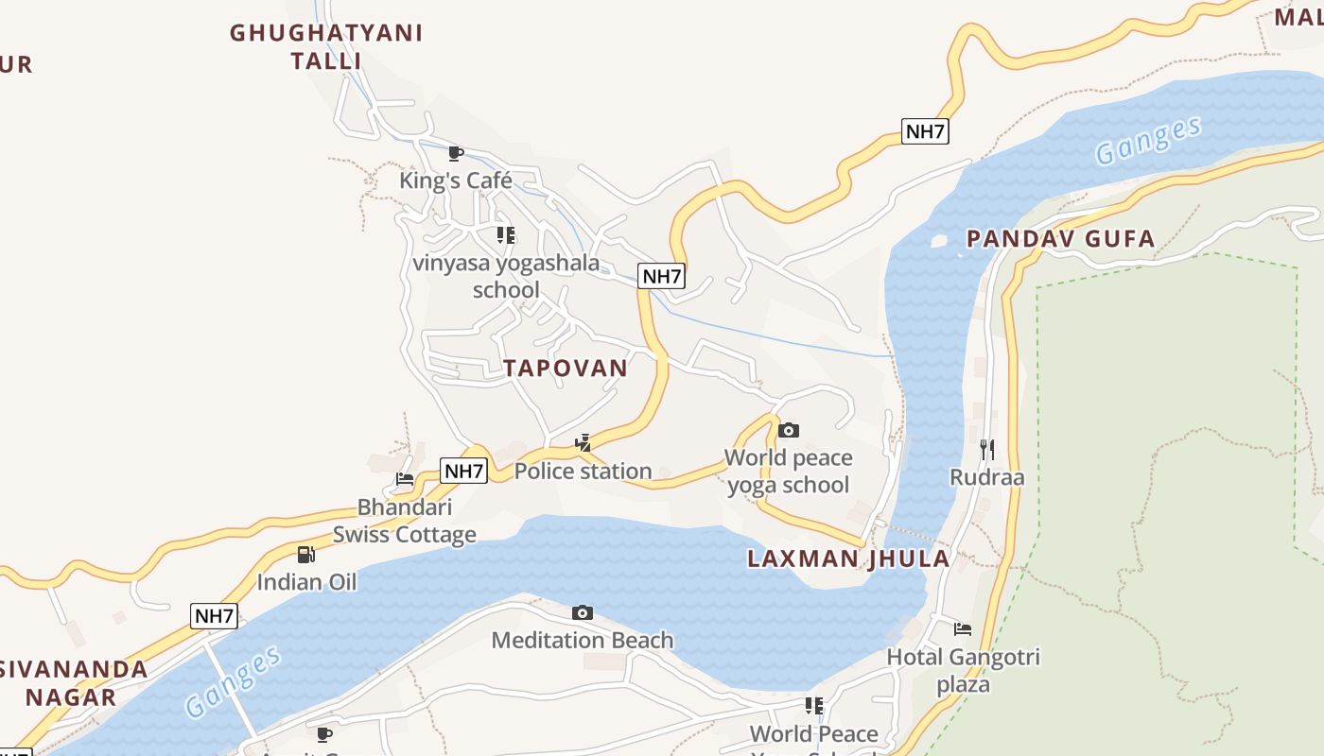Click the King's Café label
[x=455, y=180]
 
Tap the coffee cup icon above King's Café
[x=455, y=153]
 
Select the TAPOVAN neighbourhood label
[x=566, y=369]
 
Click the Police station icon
[x=584, y=442]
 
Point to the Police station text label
[x=583, y=471]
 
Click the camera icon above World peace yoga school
[x=788, y=431]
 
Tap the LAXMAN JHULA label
[x=848, y=558]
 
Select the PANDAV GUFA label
[x=1060, y=239]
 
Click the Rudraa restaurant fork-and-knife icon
[x=986, y=449]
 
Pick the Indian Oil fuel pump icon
[x=305, y=555]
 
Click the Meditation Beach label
[x=583, y=641]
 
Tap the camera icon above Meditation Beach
[x=583, y=613]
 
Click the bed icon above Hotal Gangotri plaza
[x=963, y=628]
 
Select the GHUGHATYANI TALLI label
[x=326, y=46]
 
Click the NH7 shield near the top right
[x=925, y=131]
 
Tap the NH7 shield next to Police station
[x=464, y=471]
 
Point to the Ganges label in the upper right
[x=1148, y=140]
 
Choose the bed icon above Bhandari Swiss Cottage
[x=405, y=479]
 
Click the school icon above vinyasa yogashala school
[x=506, y=234]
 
